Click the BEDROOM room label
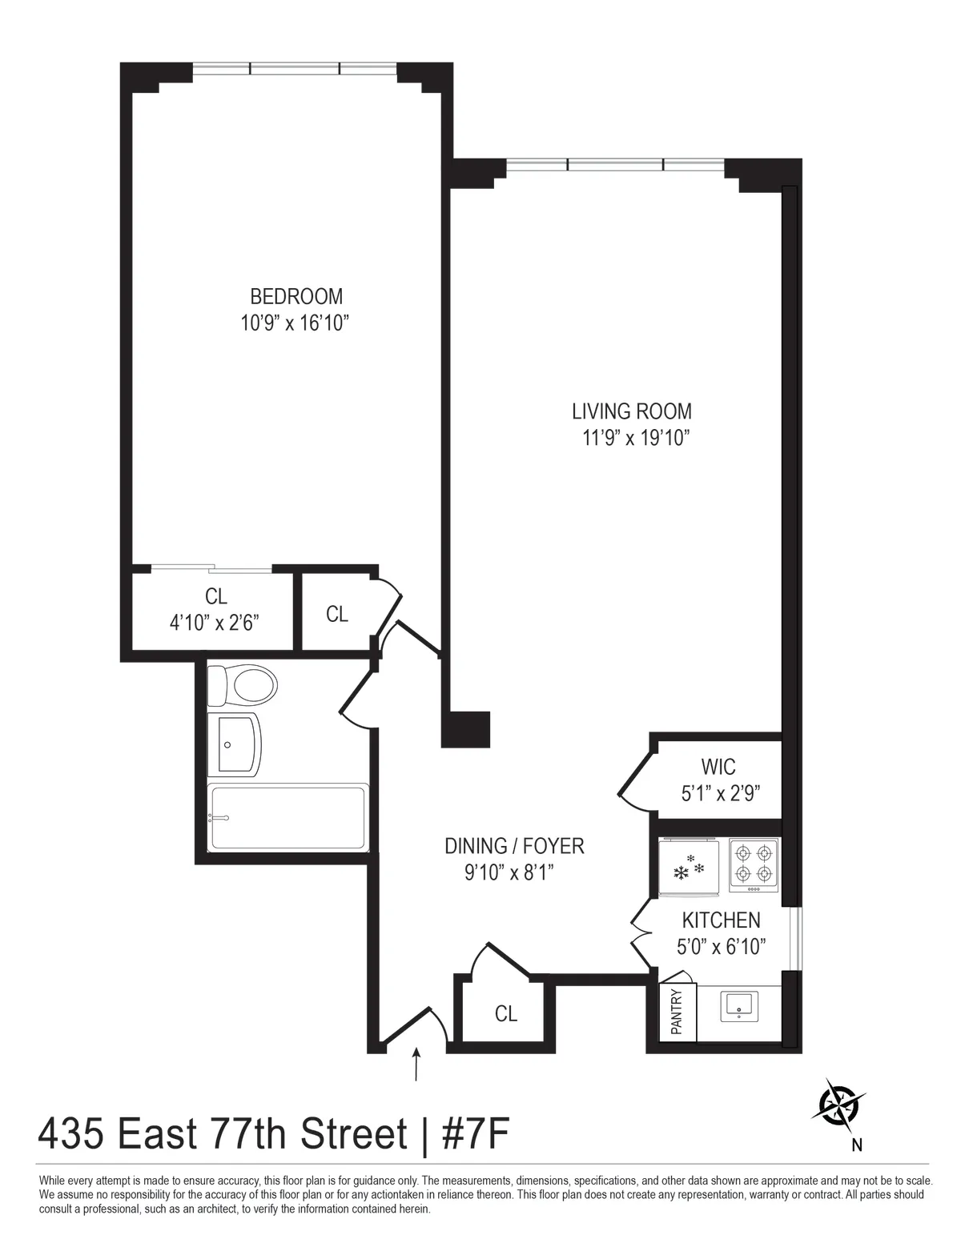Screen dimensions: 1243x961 pyautogui.click(x=296, y=296)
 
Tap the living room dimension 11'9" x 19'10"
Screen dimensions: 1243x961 pyautogui.click(x=632, y=438)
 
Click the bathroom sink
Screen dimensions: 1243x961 pyautogui.click(x=233, y=744)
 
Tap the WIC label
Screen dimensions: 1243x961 pyautogui.click(x=718, y=767)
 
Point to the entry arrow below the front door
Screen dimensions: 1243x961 pyautogui.click(x=416, y=1064)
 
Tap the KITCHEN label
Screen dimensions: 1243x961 pyautogui.click(x=721, y=920)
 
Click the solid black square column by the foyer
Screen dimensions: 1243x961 pyautogui.click(x=466, y=729)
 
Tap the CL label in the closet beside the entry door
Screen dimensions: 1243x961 pyautogui.click(x=505, y=1013)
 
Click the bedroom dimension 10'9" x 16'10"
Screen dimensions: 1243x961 pyautogui.click(x=296, y=323)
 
